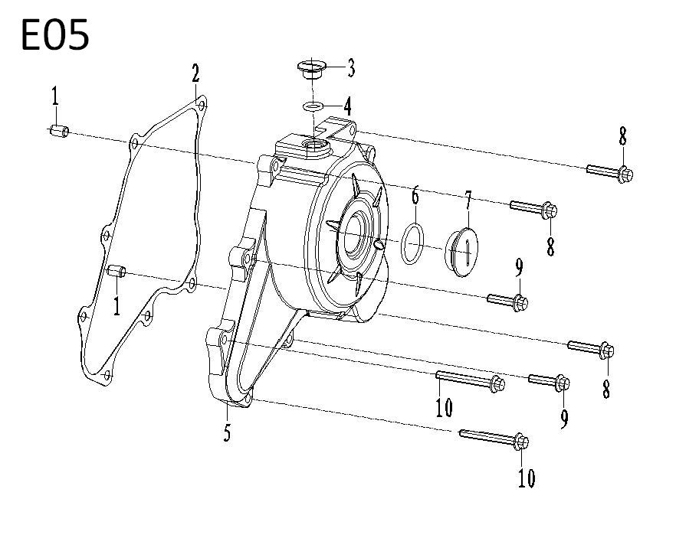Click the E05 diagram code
point(55,34)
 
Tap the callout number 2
point(195,73)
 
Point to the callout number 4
point(347,106)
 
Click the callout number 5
point(228,432)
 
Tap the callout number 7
point(468,201)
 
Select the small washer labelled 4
point(313,107)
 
